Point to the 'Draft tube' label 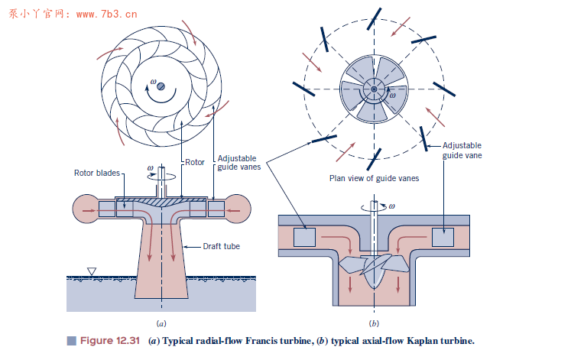tap(221, 247)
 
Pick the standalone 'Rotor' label tap(195, 162)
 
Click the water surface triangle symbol tap(92, 271)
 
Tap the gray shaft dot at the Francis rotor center tap(161, 87)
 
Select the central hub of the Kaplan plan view tap(372, 91)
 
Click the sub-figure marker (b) tap(374, 323)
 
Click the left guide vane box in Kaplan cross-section tap(306, 238)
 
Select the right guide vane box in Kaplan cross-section tap(443, 238)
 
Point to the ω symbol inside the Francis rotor tap(154, 82)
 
